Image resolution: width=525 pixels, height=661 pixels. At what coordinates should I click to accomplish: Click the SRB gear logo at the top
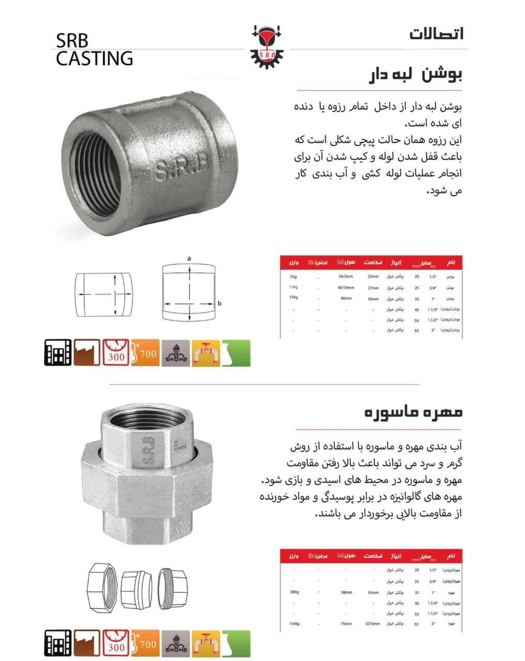coord(267,46)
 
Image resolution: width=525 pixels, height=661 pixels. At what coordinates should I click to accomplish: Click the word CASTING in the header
coord(95,58)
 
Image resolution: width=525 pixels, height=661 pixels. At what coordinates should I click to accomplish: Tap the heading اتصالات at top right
coord(436,34)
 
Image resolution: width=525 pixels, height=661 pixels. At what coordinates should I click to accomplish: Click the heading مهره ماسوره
coord(413,413)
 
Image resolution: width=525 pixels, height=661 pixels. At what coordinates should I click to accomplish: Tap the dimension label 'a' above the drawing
coord(189,258)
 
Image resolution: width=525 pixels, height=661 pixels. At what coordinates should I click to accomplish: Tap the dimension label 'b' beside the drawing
coord(220,303)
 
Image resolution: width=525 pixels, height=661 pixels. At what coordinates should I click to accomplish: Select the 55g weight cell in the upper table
coord(294,277)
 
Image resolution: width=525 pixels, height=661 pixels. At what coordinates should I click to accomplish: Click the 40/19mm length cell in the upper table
coord(346,288)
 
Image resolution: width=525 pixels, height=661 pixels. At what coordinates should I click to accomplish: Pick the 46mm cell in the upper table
coord(346,298)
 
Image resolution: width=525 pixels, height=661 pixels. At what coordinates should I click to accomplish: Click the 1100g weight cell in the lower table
coord(294,624)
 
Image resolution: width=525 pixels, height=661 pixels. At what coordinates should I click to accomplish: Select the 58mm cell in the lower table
coord(346,592)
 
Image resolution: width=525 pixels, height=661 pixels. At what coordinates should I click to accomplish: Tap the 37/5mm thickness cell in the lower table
coord(373,624)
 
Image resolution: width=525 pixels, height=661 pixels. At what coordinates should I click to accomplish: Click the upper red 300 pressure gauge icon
coord(116,353)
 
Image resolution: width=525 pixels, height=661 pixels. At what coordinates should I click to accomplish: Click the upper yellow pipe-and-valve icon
coord(206,353)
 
